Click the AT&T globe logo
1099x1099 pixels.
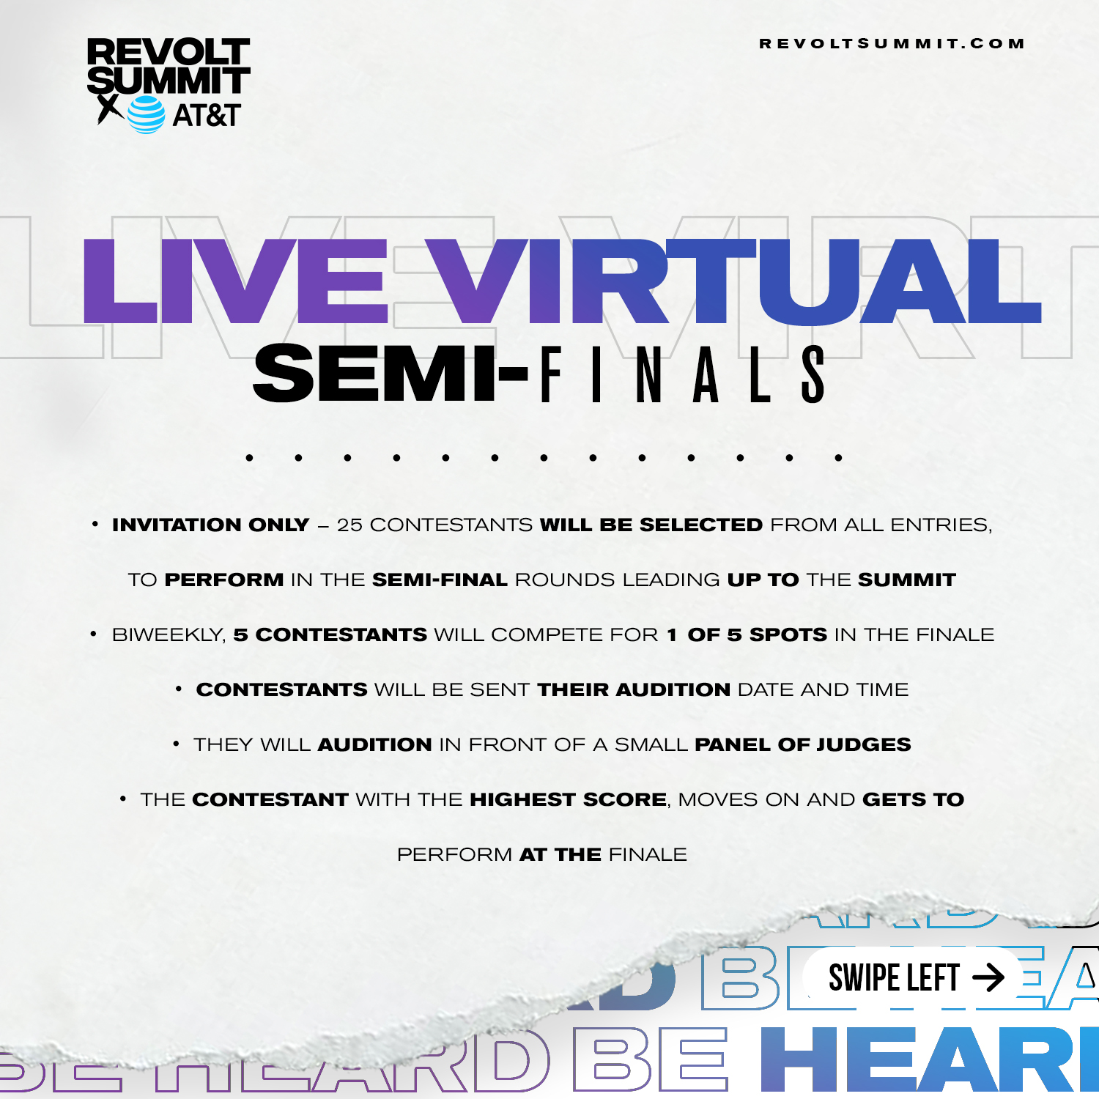(147, 114)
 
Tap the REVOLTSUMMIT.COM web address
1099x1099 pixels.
(892, 44)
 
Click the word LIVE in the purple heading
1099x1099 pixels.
(234, 281)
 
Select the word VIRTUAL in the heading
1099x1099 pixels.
(733, 281)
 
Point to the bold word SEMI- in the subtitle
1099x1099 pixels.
(391, 374)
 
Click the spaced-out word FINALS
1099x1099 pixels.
(684, 374)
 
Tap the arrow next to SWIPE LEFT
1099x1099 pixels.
(988, 977)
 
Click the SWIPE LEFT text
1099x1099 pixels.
(894, 978)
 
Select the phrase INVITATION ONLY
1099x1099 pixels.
(211, 525)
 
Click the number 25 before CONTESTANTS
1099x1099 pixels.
(349, 525)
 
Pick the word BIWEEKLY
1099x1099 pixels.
(169, 635)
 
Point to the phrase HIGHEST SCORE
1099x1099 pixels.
(569, 799)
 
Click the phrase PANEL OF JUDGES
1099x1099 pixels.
(803, 744)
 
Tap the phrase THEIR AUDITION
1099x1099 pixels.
(634, 689)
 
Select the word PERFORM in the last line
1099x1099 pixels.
(454, 854)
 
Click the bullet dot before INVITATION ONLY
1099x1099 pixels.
(95, 524)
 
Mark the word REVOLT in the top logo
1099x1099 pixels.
(169, 53)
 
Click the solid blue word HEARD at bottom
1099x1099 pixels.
(930, 1059)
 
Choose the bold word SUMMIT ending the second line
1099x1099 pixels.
(907, 580)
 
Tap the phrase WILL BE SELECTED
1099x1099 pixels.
(651, 525)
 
